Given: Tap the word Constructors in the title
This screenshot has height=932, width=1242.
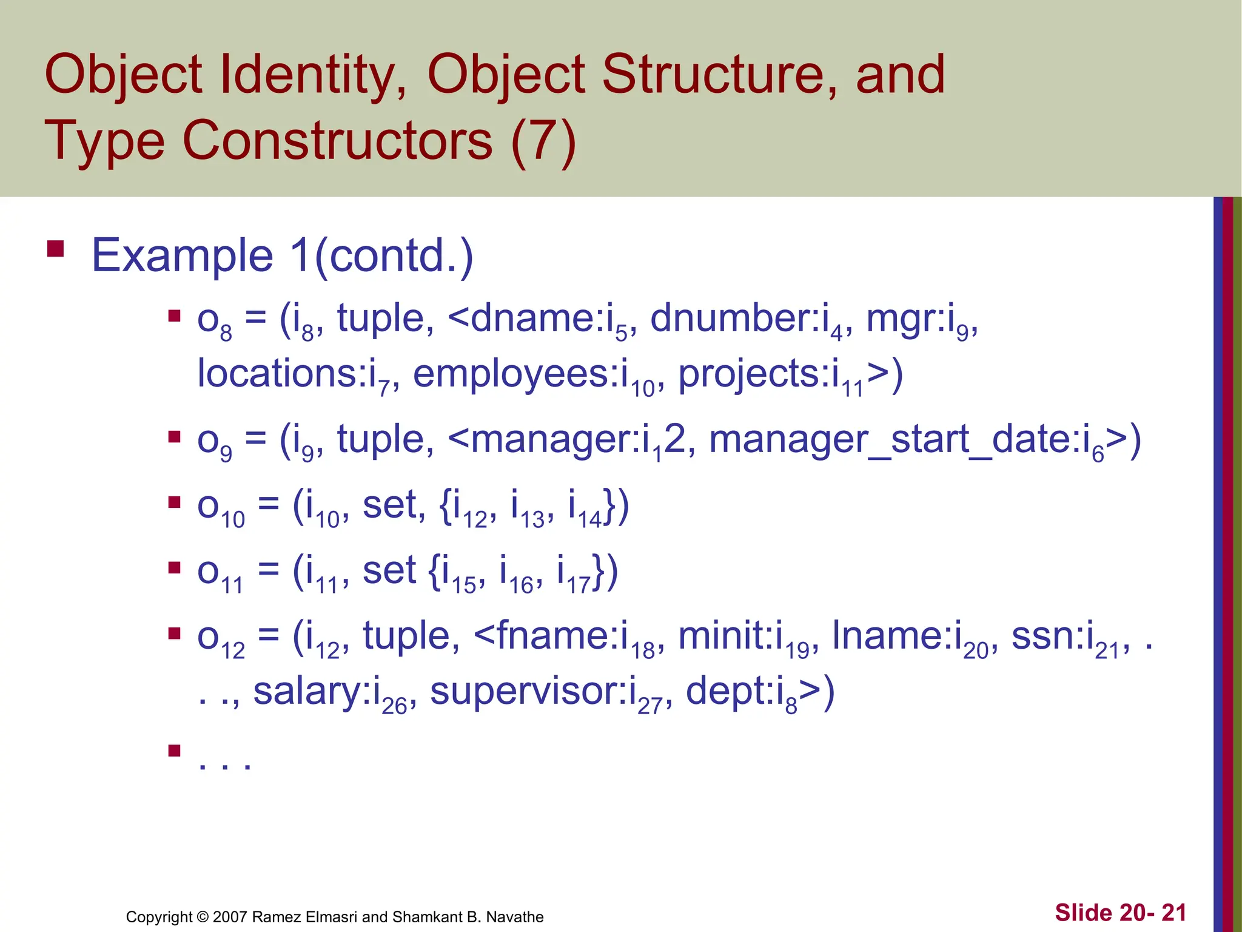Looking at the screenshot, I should point(337,141).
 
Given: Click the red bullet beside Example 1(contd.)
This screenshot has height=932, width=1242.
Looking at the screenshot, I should point(56,249).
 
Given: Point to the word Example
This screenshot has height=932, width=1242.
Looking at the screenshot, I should point(182,256).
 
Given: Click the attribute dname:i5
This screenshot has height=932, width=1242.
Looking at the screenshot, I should point(549,320).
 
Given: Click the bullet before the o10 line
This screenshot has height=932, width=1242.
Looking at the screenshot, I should point(175,502).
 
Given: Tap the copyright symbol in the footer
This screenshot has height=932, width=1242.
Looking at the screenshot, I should point(203,917).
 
